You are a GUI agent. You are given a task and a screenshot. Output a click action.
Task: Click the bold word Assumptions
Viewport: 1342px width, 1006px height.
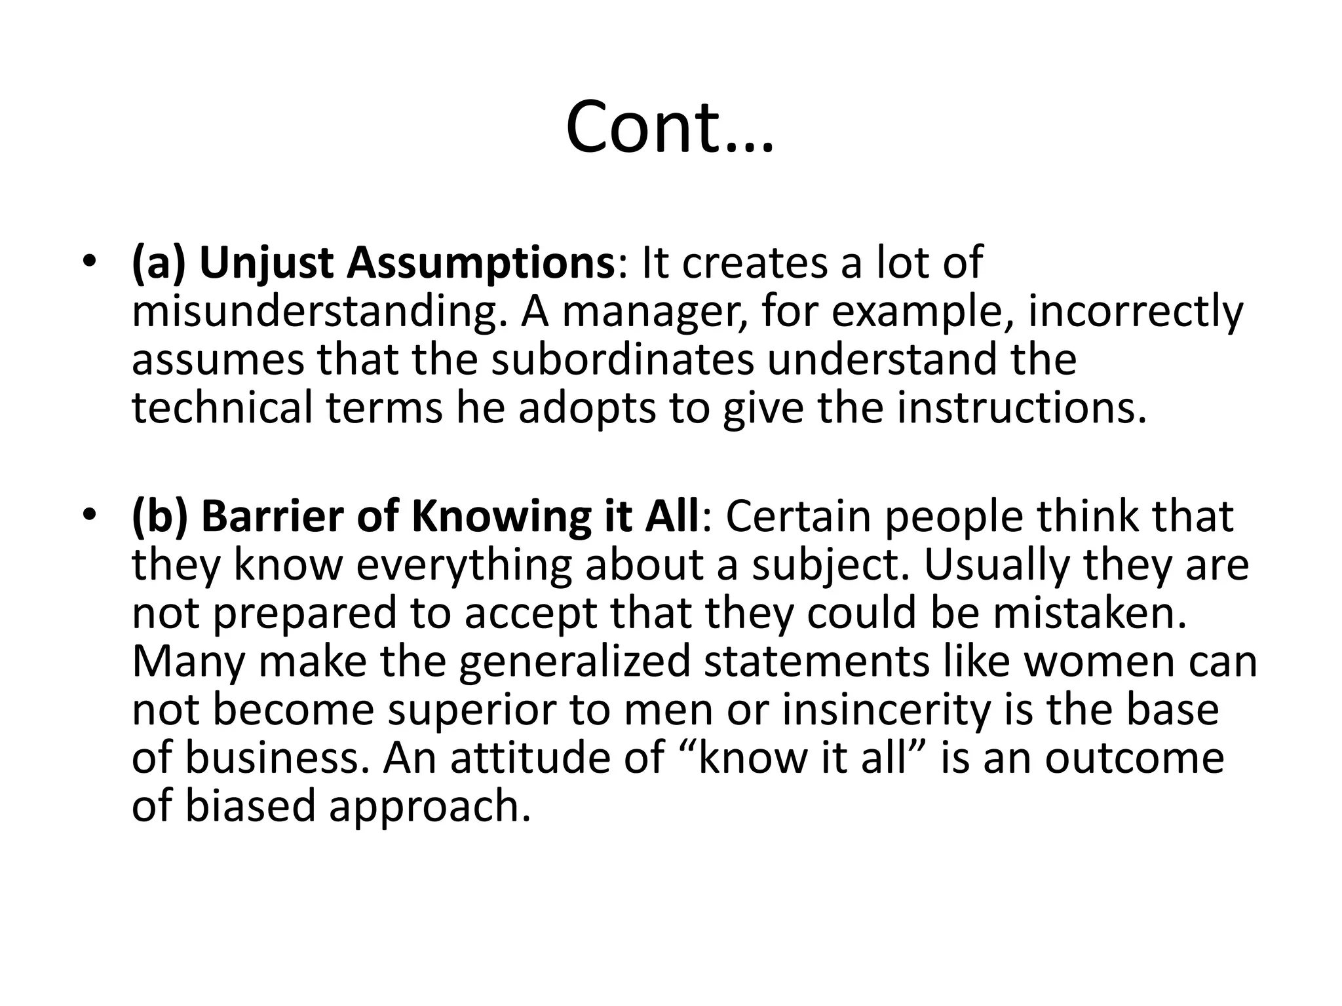(x=480, y=265)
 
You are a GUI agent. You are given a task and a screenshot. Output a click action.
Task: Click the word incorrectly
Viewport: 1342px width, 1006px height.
(x=1135, y=313)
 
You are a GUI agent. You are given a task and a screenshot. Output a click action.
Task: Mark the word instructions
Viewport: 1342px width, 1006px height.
(x=1022, y=407)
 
